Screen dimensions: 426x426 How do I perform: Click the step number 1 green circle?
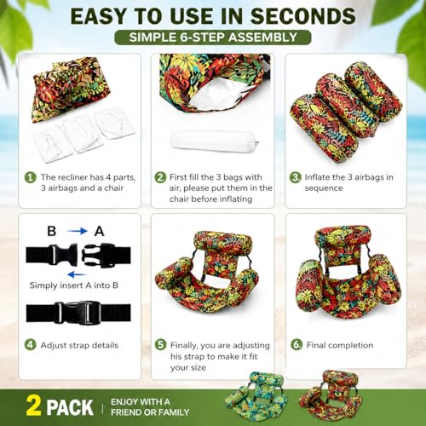pyautogui.click(x=30, y=177)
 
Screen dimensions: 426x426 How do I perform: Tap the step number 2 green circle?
pyautogui.click(x=160, y=177)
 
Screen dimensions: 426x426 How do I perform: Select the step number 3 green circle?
pyautogui.click(x=295, y=177)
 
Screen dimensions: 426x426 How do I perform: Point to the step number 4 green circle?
pyautogui.click(x=30, y=345)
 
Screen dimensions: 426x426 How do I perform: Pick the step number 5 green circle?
pyautogui.click(x=160, y=345)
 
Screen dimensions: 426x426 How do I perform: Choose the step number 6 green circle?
pyautogui.click(x=296, y=345)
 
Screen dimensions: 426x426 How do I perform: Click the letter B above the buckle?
pyautogui.click(x=51, y=231)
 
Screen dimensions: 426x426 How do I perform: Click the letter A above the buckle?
pyautogui.click(x=99, y=231)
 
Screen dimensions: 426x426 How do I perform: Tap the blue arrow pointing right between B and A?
pyautogui.click(x=77, y=231)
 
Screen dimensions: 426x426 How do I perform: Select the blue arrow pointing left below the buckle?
pyautogui.click(x=77, y=274)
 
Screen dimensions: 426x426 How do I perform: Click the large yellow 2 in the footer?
pyautogui.click(x=33, y=406)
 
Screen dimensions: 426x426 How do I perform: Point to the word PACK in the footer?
pyautogui.click(x=70, y=407)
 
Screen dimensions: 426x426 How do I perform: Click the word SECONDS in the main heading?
pyautogui.click(x=302, y=16)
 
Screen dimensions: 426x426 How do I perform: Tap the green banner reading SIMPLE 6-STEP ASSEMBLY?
pyautogui.click(x=213, y=37)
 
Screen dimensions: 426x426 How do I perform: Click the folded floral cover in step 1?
pyautogui.click(x=71, y=89)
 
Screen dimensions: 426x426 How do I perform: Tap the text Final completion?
pyautogui.click(x=340, y=345)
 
